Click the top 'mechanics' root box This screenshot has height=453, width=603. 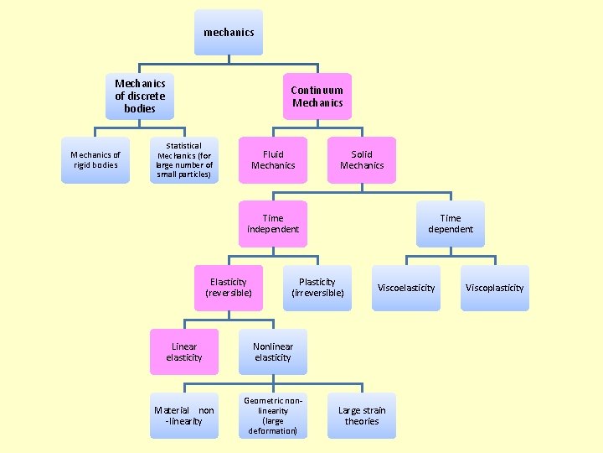click(229, 33)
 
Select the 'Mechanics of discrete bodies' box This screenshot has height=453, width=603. click(140, 96)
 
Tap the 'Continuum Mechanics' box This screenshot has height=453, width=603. click(317, 96)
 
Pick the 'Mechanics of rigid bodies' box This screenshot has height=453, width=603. click(95, 159)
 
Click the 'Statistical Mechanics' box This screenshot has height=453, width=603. click(184, 159)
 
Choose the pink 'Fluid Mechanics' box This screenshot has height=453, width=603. click(273, 159)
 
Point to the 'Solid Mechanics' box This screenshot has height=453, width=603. click(362, 159)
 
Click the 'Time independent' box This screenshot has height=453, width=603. click(273, 224)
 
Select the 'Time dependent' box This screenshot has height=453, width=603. click(451, 224)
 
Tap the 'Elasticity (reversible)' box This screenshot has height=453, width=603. click(229, 288)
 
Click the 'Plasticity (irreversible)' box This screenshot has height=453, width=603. click(317, 288)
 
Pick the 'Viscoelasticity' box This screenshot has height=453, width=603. click(406, 288)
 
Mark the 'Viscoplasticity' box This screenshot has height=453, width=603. click(495, 288)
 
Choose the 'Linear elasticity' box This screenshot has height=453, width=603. click(184, 352)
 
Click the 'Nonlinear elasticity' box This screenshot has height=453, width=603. click(273, 352)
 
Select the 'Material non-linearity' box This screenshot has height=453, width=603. click(184, 415)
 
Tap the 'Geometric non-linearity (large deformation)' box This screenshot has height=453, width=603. click(273, 415)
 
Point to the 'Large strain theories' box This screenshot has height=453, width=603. click(362, 415)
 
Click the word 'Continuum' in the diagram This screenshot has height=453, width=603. click(317, 91)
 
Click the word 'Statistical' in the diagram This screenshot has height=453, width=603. click(183, 145)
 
